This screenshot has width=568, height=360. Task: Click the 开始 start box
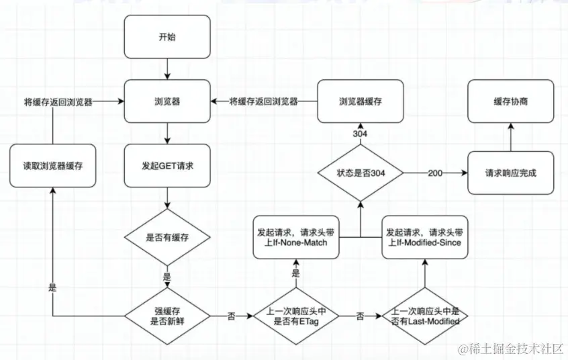click(x=167, y=37)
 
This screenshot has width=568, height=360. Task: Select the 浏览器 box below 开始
click(x=167, y=101)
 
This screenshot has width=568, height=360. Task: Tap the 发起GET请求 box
click(x=167, y=166)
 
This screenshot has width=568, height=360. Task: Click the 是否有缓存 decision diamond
click(x=167, y=238)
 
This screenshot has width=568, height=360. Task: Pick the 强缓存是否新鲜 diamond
click(x=167, y=316)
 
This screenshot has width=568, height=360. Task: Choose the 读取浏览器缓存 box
click(x=53, y=166)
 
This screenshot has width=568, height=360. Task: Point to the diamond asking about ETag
click(x=296, y=316)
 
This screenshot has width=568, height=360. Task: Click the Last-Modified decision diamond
click(x=425, y=316)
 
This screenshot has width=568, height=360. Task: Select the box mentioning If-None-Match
click(x=296, y=238)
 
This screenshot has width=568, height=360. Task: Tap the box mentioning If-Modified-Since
click(x=425, y=238)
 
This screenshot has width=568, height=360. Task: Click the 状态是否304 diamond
click(x=361, y=173)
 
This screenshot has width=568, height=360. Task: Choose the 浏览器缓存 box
click(x=361, y=101)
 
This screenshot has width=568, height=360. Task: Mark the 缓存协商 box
click(x=511, y=101)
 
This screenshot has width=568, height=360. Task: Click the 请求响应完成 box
click(x=511, y=173)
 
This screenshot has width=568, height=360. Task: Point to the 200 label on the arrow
click(x=435, y=173)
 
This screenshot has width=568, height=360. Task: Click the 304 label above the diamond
click(x=360, y=134)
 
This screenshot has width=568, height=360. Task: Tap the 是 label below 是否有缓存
click(x=167, y=277)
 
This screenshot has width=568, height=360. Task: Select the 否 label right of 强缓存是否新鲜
click(x=231, y=316)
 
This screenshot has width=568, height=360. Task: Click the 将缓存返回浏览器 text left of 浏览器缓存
click(x=263, y=101)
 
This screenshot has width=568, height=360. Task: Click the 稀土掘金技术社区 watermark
click(x=511, y=349)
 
